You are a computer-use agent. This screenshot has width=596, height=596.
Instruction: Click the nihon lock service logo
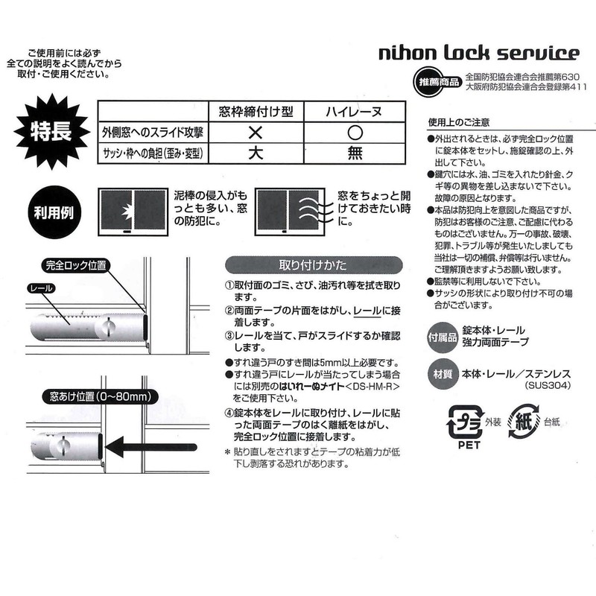[479, 53]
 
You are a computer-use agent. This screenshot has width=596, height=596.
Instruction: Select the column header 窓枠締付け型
[255, 111]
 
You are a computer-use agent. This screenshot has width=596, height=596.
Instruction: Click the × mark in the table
[255, 133]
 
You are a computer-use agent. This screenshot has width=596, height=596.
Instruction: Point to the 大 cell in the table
[255, 154]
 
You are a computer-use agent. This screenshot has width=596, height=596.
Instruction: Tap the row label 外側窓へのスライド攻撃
[153, 133]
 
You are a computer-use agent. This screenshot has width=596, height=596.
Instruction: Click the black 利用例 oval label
[54, 211]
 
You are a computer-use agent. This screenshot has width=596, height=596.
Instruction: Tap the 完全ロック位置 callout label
[75, 264]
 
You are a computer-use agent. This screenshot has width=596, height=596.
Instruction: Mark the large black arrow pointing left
[149, 448]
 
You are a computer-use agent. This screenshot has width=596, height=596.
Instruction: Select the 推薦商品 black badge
[434, 80]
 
